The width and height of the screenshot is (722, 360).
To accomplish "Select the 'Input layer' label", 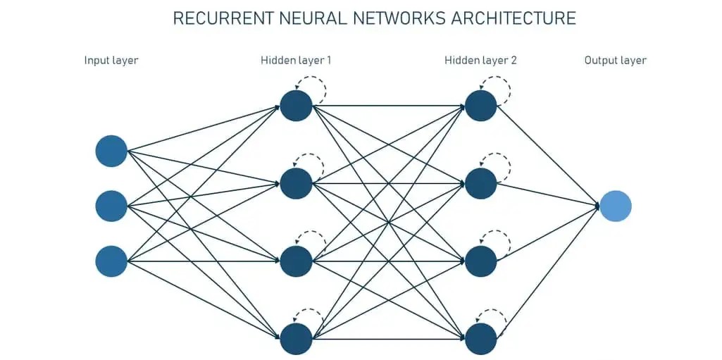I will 111,61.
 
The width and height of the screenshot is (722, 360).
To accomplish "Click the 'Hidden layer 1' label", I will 296,61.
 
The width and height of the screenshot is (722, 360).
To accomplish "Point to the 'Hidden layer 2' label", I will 480,61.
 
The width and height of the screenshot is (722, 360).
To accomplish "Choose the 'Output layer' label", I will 615,61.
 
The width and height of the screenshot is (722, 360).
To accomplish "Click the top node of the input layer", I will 111,151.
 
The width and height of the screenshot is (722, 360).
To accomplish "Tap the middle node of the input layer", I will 111,206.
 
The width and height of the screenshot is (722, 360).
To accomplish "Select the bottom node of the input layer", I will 111,261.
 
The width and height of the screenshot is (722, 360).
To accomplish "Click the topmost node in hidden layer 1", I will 296,106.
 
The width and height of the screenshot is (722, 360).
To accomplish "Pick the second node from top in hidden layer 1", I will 296,183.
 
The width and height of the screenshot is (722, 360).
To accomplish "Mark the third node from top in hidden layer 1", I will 296,261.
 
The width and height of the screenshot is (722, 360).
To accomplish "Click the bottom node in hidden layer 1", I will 296,339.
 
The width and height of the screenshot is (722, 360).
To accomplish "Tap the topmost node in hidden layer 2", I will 480,106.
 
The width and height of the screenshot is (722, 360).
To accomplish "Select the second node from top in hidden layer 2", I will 480,183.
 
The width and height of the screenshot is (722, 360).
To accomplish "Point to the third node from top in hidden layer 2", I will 480,261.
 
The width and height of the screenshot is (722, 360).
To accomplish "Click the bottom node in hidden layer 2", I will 480,339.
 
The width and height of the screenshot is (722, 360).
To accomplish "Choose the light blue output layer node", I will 616,206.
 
